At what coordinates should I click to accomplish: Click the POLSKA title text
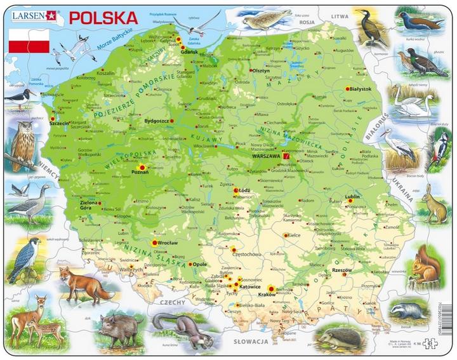(x=103, y=17)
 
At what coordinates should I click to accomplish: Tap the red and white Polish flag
(x=29, y=41)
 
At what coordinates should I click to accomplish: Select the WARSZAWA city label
(x=266, y=156)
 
